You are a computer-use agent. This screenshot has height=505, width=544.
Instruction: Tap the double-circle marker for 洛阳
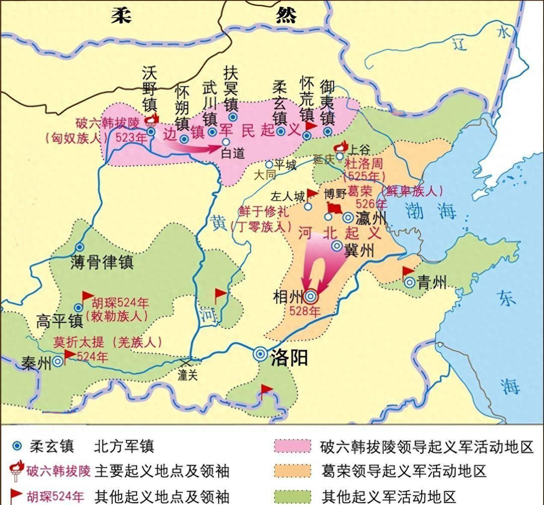[260, 354]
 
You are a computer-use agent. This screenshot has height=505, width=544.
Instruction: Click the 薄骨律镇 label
[102, 262]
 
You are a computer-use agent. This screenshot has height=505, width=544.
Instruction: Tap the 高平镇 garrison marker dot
[78, 308]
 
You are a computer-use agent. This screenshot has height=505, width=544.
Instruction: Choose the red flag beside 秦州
[69, 354]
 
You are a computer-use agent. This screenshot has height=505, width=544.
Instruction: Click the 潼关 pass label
[188, 375]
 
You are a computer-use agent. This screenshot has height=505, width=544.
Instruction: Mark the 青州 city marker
[409, 282]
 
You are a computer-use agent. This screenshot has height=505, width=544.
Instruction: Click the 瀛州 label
[371, 218]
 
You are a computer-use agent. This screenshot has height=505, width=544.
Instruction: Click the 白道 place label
[232, 153]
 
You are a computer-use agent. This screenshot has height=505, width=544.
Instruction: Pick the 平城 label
[285, 165]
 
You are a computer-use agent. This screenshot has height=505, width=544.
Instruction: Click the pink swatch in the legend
[292, 446]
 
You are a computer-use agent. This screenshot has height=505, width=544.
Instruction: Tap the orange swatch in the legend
[292, 471]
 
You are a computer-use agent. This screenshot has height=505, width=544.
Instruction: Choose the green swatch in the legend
[292, 496]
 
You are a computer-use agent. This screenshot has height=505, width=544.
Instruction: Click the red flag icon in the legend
[16, 495]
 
